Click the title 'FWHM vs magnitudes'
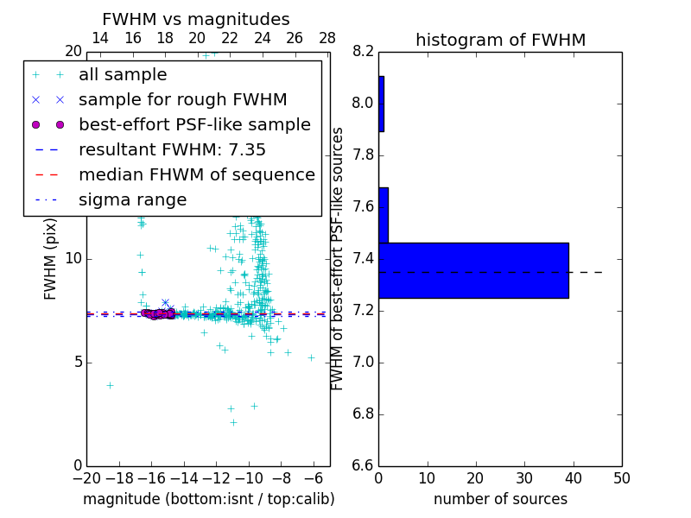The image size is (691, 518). click(196, 20)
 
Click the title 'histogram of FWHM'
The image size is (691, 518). click(500, 40)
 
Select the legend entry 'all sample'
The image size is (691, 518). click(123, 75)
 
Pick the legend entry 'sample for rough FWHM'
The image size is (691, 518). click(182, 100)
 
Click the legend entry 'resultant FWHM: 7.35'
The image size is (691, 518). click(172, 150)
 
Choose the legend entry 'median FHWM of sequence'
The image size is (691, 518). click(196, 175)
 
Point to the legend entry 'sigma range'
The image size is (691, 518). click(132, 200)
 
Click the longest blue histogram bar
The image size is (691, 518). click(473, 270)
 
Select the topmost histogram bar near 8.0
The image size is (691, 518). click(381, 104)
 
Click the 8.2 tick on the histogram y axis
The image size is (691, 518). click(363, 52)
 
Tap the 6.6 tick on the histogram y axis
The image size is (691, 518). click(363, 465)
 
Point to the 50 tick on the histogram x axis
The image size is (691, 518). click(621, 477)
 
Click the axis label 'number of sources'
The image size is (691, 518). click(500, 499)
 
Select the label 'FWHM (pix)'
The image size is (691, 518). click(51, 259)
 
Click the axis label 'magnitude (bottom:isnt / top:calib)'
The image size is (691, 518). click(208, 499)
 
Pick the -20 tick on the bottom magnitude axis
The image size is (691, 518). click(86, 477)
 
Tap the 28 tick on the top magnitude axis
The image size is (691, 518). click(327, 39)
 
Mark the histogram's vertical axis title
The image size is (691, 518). click(338, 258)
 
